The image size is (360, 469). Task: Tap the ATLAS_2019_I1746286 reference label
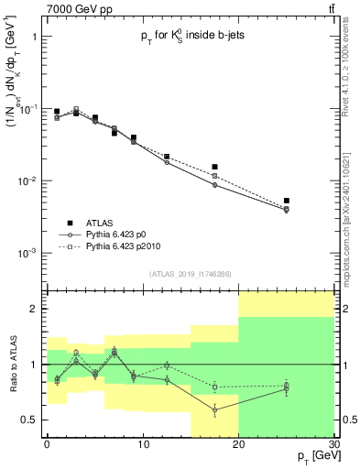[x=189, y=273]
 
